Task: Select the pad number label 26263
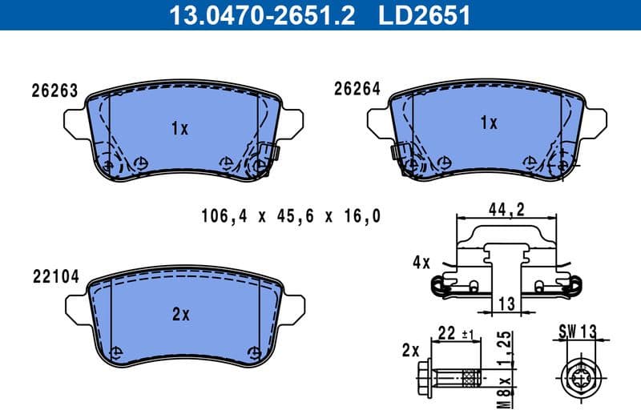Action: click(54, 90)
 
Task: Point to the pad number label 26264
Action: click(357, 90)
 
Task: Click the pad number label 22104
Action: click(55, 277)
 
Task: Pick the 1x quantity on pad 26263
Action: click(179, 128)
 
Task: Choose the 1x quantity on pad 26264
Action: click(488, 123)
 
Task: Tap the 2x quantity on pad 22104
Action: click(180, 315)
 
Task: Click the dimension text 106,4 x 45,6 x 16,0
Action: click(289, 215)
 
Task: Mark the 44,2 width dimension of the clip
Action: click(506, 209)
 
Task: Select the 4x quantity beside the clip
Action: click(421, 262)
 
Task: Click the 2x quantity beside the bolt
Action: click(411, 350)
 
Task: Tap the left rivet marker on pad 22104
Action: click(117, 351)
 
